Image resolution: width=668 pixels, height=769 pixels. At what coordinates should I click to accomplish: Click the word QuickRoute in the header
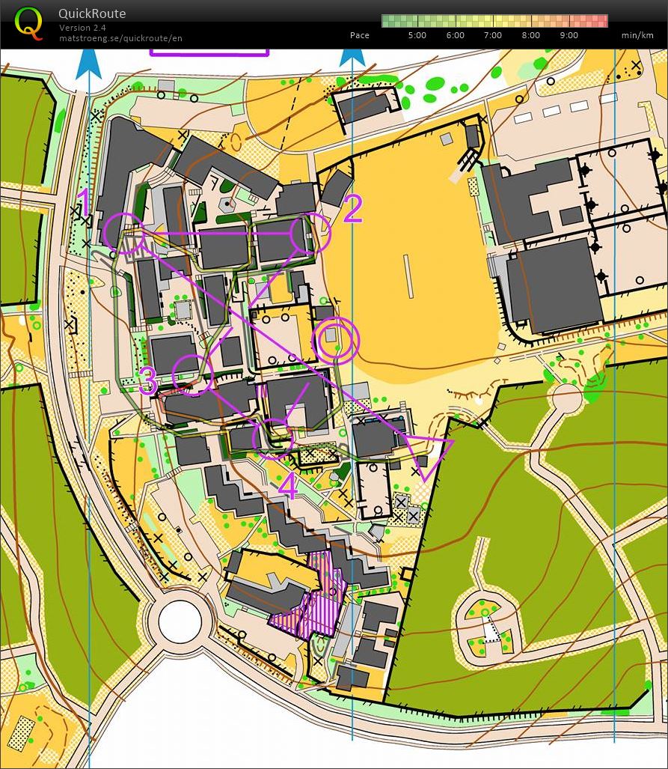click(92, 13)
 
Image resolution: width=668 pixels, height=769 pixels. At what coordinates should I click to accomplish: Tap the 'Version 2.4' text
click(82, 28)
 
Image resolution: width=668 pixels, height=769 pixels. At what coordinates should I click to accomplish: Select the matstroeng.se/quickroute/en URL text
click(120, 37)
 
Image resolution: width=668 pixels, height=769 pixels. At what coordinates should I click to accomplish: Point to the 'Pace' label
click(359, 35)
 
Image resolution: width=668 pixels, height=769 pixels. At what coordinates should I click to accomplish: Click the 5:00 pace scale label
click(417, 35)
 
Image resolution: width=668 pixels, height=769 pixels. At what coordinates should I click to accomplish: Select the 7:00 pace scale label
click(493, 35)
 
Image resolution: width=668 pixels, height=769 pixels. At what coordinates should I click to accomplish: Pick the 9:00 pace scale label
click(569, 35)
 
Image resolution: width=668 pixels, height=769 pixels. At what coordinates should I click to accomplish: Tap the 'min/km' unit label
click(637, 35)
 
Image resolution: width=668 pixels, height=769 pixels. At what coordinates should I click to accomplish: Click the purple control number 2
click(352, 209)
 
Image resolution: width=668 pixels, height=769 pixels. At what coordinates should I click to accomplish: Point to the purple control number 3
click(147, 382)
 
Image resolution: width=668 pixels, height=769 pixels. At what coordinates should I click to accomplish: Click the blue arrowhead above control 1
click(88, 61)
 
